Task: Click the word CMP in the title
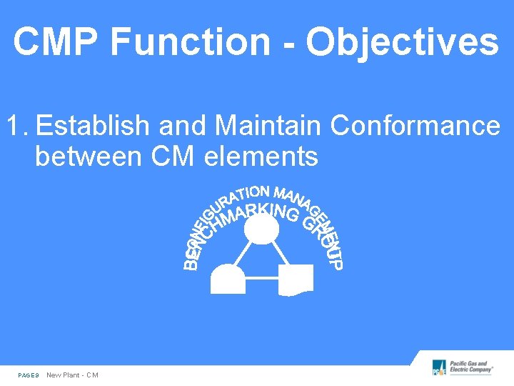[x=56, y=42]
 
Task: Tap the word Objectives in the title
[x=402, y=42]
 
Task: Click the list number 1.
[x=16, y=127]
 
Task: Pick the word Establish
[x=94, y=127]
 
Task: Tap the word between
[x=88, y=156]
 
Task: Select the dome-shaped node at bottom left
[x=228, y=279]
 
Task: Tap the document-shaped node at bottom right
[x=295, y=280]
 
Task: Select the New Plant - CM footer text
[x=72, y=375]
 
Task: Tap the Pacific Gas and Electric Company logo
[x=463, y=368]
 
